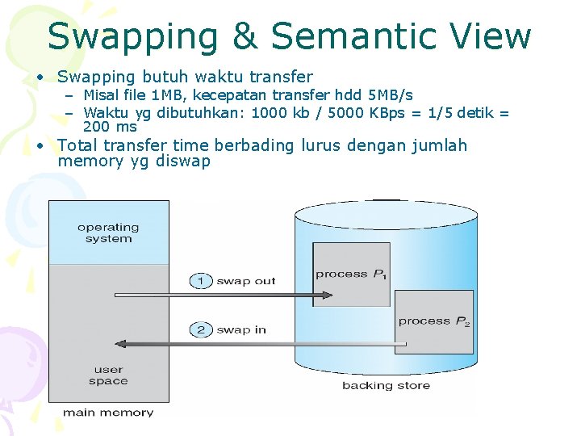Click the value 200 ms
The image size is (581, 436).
pyautogui.click(x=110, y=127)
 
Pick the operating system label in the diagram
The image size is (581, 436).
pyautogui.click(x=108, y=233)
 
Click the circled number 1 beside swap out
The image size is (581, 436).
pyautogui.click(x=201, y=281)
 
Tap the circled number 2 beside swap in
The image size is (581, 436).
pyautogui.click(x=201, y=329)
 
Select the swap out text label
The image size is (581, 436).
pyautogui.click(x=245, y=281)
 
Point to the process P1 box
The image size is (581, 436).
pyautogui.click(x=351, y=274)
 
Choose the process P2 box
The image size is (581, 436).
pyautogui.click(x=434, y=321)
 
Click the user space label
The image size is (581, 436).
pyautogui.click(x=108, y=375)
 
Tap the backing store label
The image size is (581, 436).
pyautogui.click(x=386, y=385)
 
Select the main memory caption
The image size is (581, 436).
pyautogui.click(x=108, y=413)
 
